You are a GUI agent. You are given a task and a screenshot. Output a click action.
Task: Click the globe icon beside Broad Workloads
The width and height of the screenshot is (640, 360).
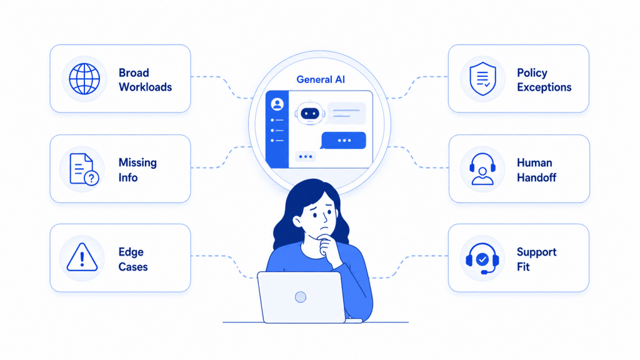coord(84,79)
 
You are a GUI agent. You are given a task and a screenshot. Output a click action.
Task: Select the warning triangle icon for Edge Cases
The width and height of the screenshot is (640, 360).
coord(82,257)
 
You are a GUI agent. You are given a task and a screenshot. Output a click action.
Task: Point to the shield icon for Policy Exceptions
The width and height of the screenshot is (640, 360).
coord(483,79)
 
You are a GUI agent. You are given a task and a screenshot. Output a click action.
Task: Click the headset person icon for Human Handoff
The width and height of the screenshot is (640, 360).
coord(482,169)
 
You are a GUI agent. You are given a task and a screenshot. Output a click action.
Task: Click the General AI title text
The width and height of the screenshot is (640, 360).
coord(321,79)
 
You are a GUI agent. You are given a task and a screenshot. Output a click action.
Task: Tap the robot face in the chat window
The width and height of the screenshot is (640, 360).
coord(310,113)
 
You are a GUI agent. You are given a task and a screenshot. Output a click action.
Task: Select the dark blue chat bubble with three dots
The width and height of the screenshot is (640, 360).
coord(344,141)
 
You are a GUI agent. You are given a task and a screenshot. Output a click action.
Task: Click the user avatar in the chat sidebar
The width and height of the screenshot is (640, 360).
coord(277,104)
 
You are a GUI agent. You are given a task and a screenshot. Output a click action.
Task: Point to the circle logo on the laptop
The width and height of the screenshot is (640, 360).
coord(301,297)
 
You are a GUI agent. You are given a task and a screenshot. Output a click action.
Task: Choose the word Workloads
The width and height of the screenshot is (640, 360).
coord(145,87)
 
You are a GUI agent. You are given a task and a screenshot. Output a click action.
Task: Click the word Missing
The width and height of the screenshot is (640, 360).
coord(137,162)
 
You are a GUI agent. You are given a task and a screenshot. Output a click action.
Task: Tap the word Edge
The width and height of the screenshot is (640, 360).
coord(131,252)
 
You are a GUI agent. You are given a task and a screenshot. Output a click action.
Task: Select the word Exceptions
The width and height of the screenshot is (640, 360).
coord(544,87)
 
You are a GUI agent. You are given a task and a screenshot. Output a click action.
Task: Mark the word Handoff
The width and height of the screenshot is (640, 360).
coord(537,177)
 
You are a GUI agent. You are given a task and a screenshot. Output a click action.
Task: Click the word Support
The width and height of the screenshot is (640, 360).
coord(537,252)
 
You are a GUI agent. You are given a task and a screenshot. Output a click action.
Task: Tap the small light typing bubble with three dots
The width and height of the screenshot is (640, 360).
coord(305,157)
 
